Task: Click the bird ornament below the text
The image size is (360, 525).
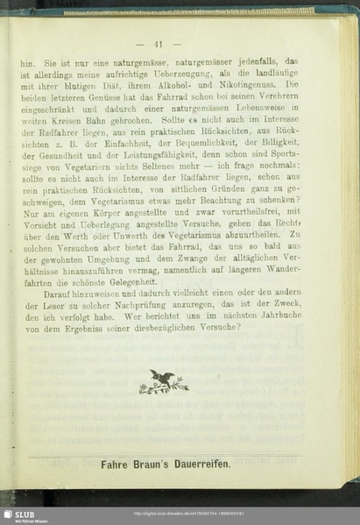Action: [162, 380]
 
